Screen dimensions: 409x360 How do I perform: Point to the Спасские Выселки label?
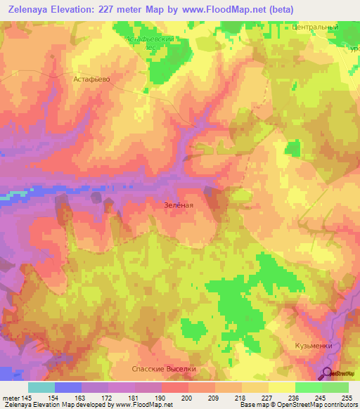pos(163,369)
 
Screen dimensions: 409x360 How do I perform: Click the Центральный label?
pos(315,27)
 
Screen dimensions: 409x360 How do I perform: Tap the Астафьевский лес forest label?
pos(150,44)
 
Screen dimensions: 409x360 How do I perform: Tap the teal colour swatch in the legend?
pos(41,387)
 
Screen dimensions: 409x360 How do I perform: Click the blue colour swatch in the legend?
pos(68,387)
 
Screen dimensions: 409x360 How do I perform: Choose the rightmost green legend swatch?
pos(335,387)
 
